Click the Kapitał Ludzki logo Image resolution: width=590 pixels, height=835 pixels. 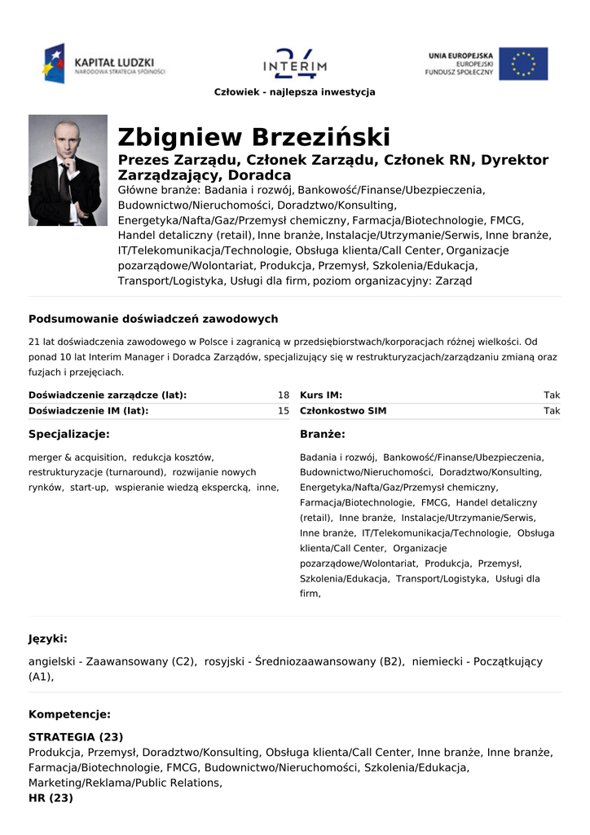tap(105, 64)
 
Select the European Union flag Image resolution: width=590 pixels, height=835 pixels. tap(523, 64)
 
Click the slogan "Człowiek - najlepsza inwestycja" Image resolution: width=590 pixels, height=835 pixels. tap(295, 92)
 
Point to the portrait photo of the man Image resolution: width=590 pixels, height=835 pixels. tap(68, 170)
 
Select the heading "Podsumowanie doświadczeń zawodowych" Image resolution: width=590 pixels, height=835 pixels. tap(153, 319)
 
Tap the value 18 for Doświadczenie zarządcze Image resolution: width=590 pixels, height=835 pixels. tap(284, 395)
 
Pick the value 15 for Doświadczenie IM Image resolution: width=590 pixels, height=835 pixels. tap(284, 411)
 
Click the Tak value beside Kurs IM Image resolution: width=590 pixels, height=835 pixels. tap(552, 395)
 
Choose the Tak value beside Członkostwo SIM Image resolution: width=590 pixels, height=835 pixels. tap(552, 411)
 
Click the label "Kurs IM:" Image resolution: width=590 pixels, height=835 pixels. tap(321, 395)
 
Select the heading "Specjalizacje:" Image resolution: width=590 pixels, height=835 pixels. tap(69, 435)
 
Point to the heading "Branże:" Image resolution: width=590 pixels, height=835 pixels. tap(323, 435)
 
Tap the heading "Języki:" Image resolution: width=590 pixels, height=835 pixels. tap(48, 638)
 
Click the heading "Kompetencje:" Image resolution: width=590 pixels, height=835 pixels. tap(69, 714)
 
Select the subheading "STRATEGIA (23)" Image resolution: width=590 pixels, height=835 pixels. tap(76, 737)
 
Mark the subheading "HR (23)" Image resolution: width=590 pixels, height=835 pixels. tap(51, 798)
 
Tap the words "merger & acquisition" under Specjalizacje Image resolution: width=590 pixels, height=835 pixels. tap(77, 457)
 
